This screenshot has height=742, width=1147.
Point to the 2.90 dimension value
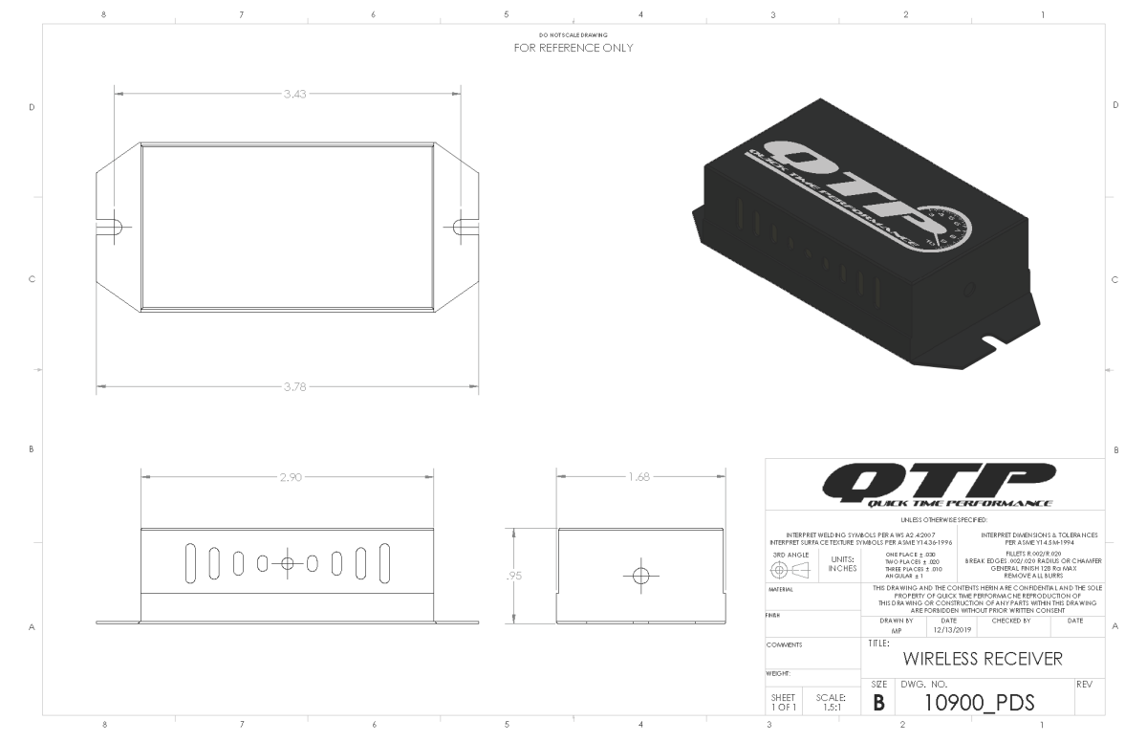[x=289, y=476]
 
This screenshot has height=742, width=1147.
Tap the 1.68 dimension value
[x=639, y=476]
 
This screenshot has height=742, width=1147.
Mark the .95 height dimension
[x=514, y=576]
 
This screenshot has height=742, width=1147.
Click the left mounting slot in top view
[x=114, y=227]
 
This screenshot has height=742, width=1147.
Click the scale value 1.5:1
[x=829, y=706]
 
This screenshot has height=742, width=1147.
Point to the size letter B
[x=879, y=703]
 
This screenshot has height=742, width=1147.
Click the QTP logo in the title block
[x=941, y=485]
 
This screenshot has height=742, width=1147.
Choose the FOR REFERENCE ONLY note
[x=573, y=47]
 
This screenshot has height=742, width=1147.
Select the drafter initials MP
[x=896, y=631]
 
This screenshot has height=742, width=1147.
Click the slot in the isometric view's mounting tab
[x=995, y=340]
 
